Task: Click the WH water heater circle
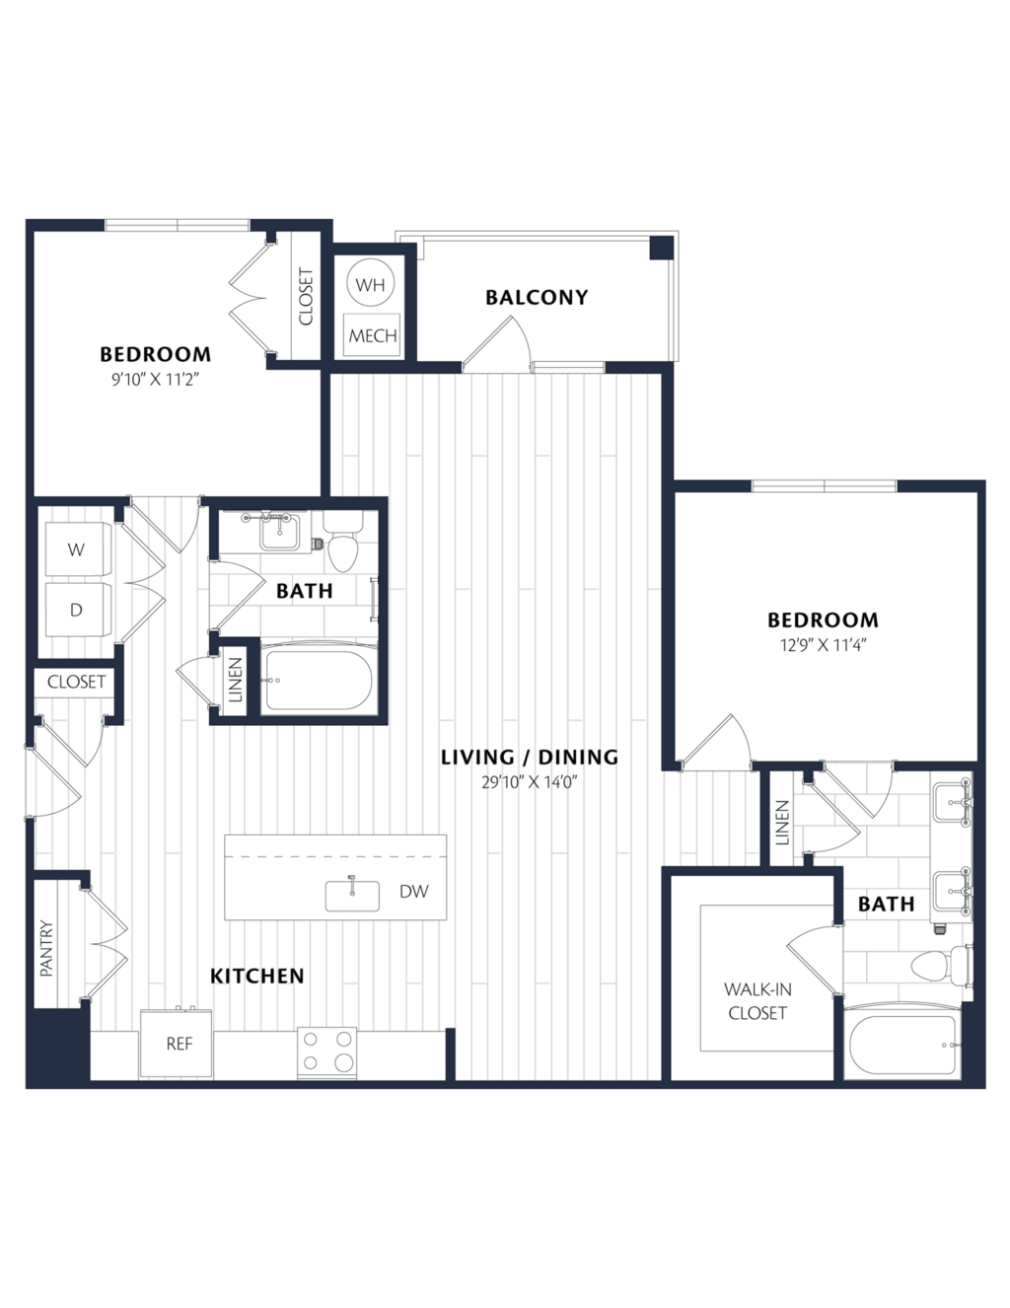coord(371,284)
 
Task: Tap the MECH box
coord(372,334)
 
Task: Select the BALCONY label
coord(537,297)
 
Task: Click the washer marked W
coord(78,549)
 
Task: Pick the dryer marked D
coord(78,610)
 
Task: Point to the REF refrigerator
coord(177,1044)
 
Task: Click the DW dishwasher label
coord(414,892)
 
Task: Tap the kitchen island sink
coord(352,895)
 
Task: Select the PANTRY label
coord(46,948)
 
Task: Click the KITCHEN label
coord(257,977)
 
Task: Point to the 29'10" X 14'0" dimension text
coord(531,782)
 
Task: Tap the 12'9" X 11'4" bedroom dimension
coord(823,645)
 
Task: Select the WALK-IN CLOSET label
coord(757,1000)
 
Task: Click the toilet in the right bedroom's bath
coord(941,965)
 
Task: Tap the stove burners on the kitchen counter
coord(327,1052)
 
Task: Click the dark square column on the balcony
coord(661,248)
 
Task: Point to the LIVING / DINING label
coord(530,758)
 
